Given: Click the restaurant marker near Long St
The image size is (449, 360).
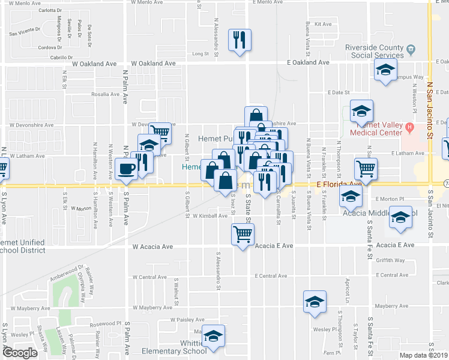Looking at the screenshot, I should click(240, 40).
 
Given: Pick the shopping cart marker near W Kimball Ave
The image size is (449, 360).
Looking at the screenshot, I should click(243, 233).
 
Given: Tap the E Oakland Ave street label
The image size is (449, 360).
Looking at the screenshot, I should click(308, 62).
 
